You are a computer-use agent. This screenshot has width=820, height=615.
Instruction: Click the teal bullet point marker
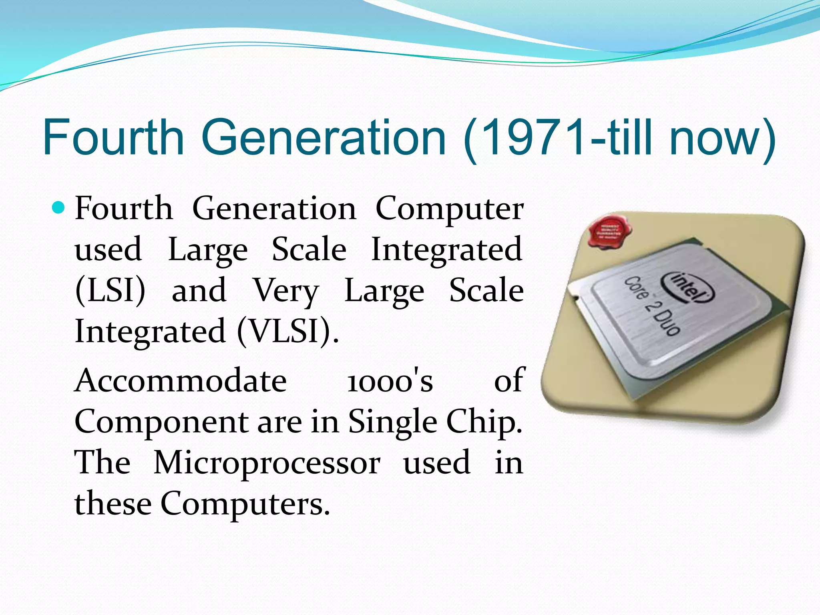(x=58, y=208)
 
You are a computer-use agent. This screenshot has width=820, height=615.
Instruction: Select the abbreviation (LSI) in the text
(x=110, y=290)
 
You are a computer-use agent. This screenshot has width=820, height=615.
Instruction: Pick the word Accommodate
(x=181, y=380)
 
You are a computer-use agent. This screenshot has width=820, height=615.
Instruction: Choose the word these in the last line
(x=113, y=504)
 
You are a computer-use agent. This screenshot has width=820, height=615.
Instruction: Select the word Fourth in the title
(x=113, y=138)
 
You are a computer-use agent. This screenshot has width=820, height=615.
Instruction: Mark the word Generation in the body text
(x=274, y=209)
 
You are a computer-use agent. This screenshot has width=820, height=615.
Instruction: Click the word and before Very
(x=199, y=290)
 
